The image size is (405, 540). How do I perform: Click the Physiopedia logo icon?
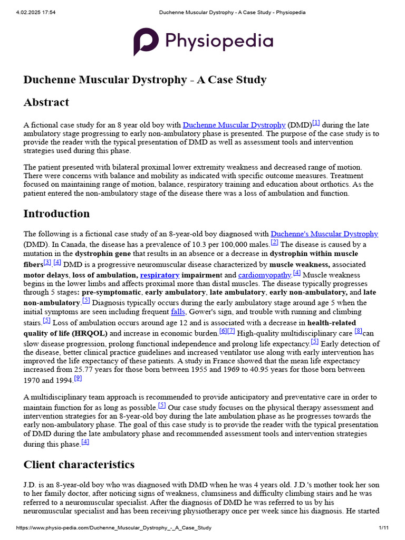pos(145,42)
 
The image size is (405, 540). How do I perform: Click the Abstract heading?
pos(46,102)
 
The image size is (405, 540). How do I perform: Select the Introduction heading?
pos(56,214)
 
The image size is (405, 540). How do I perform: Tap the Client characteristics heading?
pos(79,464)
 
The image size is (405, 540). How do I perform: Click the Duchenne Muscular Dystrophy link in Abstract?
pos(234,126)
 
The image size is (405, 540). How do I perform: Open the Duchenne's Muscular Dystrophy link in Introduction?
pos(324,234)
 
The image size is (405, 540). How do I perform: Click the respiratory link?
pos(160,275)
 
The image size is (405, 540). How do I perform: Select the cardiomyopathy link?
pos(264,275)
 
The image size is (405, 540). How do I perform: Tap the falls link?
pos(178,312)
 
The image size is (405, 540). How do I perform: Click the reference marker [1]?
pos(316,123)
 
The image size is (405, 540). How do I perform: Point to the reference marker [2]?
pos(274,242)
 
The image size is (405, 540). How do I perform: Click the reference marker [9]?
pos(78,378)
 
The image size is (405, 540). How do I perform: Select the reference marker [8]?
pos(358,331)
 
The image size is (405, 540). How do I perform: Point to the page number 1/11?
pos(383,528)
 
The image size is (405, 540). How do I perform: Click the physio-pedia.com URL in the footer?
pos(113,528)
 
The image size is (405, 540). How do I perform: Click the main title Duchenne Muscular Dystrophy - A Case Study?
pos(144,80)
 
